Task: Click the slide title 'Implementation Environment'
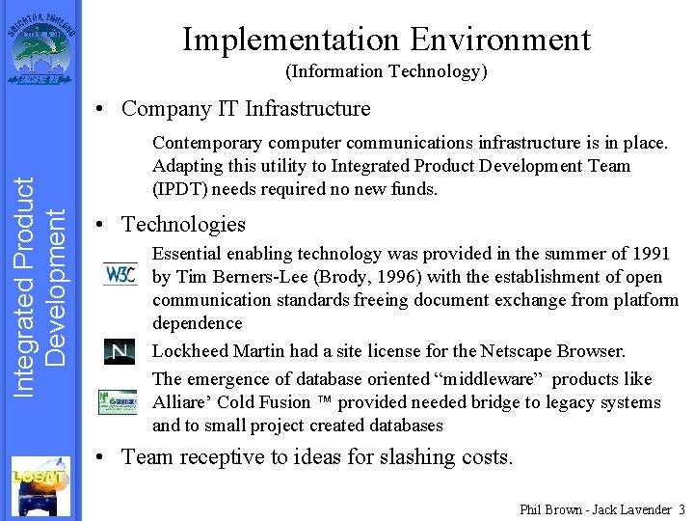[386, 40]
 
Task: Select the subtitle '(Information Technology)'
[386, 71]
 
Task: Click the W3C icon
[120, 274]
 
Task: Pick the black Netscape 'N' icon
[120, 352]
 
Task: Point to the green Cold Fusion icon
[118, 401]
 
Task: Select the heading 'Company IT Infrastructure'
[246, 108]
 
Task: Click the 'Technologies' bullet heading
[183, 224]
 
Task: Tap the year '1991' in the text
[651, 254]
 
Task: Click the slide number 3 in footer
[681, 508]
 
